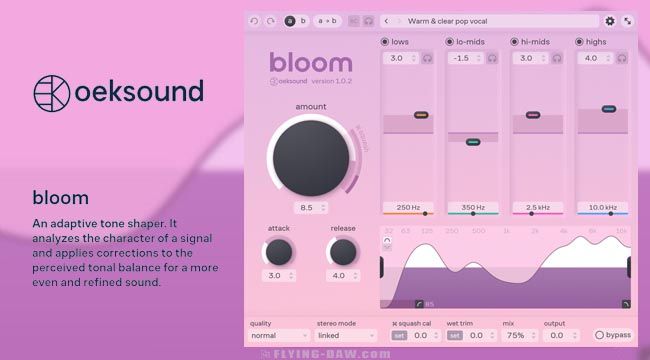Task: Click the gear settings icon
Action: point(610,20)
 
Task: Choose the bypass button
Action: point(613,336)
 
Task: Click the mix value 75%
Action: point(517,336)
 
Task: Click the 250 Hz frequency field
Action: point(407,207)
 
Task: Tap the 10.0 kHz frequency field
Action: point(602,207)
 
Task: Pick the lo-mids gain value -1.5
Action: point(462,59)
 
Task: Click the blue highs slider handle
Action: point(607,108)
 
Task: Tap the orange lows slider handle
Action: point(421,115)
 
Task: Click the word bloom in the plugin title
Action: point(311,62)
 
